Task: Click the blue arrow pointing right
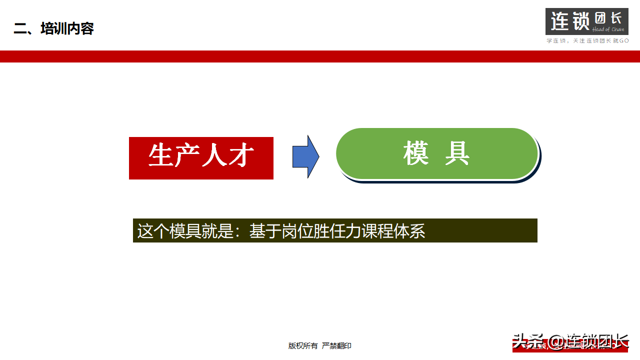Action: pyautogui.click(x=305, y=157)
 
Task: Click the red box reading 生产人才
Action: pyautogui.click(x=201, y=158)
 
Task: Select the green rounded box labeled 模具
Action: pyautogui.click(x=436, y=153)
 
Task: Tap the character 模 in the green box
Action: pyautogui.click(x=416, y=153)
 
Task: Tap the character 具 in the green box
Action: pyautogui.click(x=457, y=153)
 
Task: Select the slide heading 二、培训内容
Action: pyautogui.click(x=54, y=28)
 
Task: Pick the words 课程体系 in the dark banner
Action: pyautogui.click(x=393, y=231)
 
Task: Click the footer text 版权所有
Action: pyautogui.click(x=303, y=345)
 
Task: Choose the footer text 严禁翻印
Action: pyautogui.click(x=336, y=345)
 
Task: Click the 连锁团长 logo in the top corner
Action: pyautogui.click(x=586, y=21)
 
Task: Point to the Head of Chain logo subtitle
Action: pyautogui.click(x=608, y=29)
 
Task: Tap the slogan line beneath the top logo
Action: pyautogui.click(x=587, y=40)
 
